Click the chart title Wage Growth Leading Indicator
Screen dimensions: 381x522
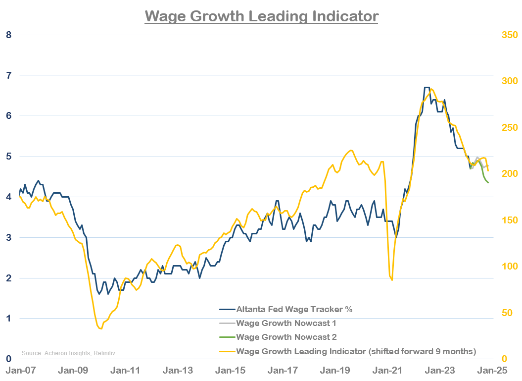[x=261, y=16]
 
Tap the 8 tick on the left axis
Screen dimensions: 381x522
[x=8, y=35]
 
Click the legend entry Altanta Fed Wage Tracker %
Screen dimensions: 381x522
[x=294, y=309]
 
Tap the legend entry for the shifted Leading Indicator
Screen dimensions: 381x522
[x=356, y=351]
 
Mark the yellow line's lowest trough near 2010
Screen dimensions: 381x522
[x=100, y=328]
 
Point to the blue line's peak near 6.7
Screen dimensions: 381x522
[x=427, y=88]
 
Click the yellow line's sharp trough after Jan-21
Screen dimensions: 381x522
[x=392, y=280]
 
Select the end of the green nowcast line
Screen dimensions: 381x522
[x=488, y=183]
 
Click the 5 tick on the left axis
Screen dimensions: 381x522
[x=8, y=157]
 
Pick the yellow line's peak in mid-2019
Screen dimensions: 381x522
[x=351, y=150]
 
